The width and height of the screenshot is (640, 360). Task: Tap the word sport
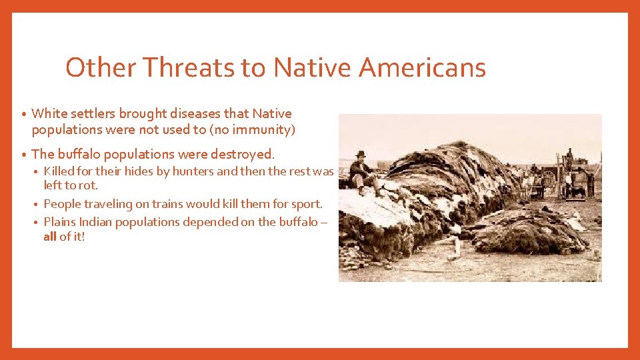pyautogui.click(x=306, y=203)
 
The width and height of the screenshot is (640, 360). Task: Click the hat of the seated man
pyautogui.click(x=361, y=155)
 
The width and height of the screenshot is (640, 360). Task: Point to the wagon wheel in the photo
pyautogui.click(x=549, y=179)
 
